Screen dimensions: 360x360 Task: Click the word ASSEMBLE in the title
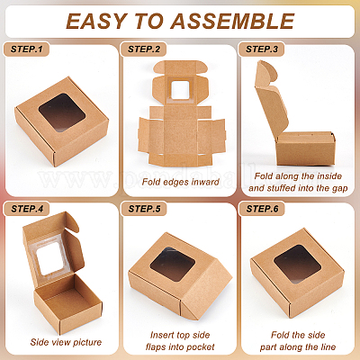point(232,22)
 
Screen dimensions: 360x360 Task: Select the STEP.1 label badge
point(26,49)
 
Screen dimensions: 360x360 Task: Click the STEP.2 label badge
point(144,49)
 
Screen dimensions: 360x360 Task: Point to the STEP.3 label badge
point(262,49)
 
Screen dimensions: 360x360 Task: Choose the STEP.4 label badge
point(26,209)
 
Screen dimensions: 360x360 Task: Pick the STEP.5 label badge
point(144,209)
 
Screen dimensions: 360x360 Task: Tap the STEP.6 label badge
point(262,209)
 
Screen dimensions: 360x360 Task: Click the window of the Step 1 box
point(62,112)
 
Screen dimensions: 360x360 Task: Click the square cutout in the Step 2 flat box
point(180,90)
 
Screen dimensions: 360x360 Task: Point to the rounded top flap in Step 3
point(266,74)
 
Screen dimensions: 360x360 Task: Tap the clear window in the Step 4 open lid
point(50,258)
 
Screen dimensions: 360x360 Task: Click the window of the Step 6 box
point(298,264)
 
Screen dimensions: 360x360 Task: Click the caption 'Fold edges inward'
point(180,182)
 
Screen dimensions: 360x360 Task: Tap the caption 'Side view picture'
point(66,342)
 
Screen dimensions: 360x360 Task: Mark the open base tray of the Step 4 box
point(67,303)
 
